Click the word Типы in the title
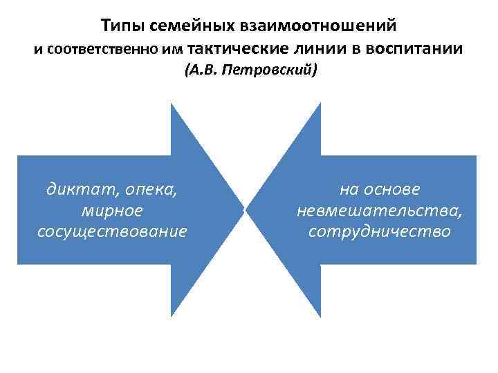[x=119, y=26]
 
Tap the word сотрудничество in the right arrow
[x=379, y=230]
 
